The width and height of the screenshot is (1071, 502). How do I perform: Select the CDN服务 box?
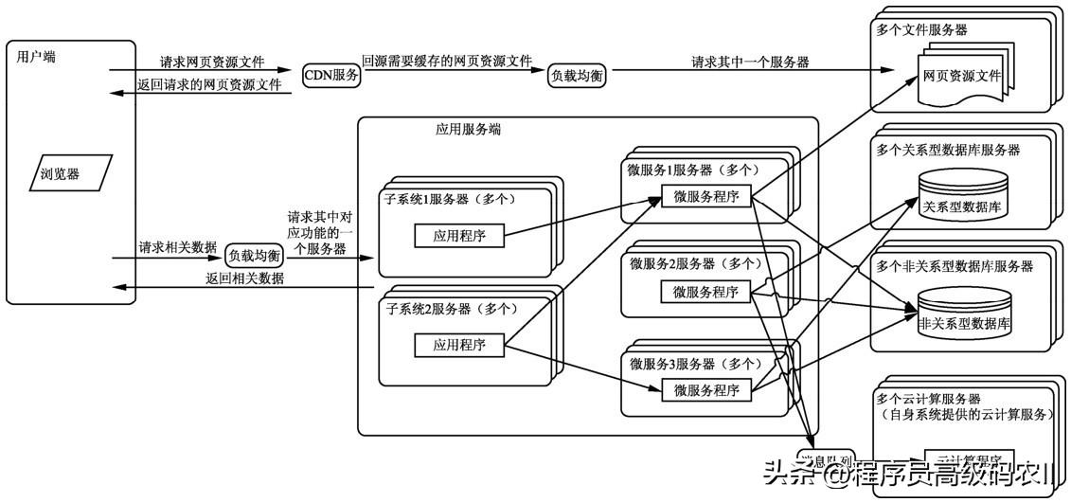point(331,76)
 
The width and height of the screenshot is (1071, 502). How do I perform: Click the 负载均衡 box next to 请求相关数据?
point(254,255)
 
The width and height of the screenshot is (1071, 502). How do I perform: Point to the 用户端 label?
point(36,57)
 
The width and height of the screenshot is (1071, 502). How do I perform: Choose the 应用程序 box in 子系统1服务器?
point(459,236)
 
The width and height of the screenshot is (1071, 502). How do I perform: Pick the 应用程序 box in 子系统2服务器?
point(459,346)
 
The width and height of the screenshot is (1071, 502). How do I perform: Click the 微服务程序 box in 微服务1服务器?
point(706,196)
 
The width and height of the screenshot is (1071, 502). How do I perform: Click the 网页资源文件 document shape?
point(958,74)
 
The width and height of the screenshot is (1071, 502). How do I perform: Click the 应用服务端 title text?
point(461,130)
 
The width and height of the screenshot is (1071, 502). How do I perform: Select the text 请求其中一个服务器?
point(750,63)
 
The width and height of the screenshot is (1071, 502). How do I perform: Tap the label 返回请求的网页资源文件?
point(211,84)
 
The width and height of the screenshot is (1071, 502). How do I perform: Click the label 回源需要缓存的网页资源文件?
point(447,60)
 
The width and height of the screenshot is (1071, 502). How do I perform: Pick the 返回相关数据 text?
point(244,278)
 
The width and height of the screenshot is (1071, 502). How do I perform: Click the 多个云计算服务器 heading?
point(927,399)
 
